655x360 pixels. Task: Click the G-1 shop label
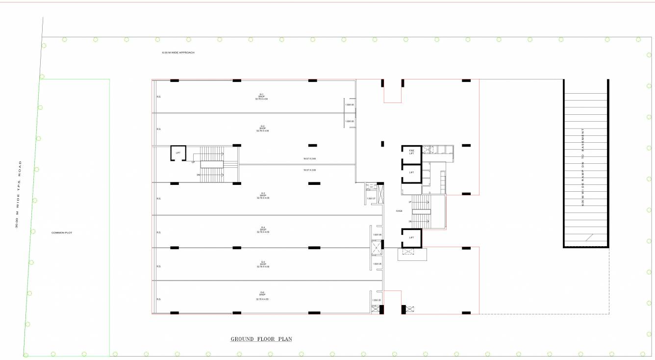click(x=262, y=97)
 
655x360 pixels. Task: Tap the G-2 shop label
click(x=262, y=129)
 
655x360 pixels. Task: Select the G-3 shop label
click(x=263, y=195)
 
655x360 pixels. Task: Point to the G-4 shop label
click(x=263, y=230)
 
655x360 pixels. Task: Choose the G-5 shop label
click(x=263, y=264)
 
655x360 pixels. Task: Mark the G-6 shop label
click(x=262, y=296)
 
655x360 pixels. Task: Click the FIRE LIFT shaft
click(x=412, y=152)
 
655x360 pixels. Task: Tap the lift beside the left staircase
click(x=178, y=153)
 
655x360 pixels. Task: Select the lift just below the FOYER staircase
click(x=412, y=238)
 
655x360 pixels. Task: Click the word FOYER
click(x=399, y=211)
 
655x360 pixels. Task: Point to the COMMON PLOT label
click(x=62, y=232)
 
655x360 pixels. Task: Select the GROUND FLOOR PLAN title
click(x=261, y=339)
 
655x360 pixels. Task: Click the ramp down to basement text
click(x=583, y=167)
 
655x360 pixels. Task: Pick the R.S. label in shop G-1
click(x=159, y=97)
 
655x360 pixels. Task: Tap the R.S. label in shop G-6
click(x=159, y=299)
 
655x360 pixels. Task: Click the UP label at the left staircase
click(x=193, y=162)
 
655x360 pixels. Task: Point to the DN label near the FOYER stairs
click(x=410, y=222)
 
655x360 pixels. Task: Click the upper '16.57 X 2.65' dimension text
click(x=309, y=158)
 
